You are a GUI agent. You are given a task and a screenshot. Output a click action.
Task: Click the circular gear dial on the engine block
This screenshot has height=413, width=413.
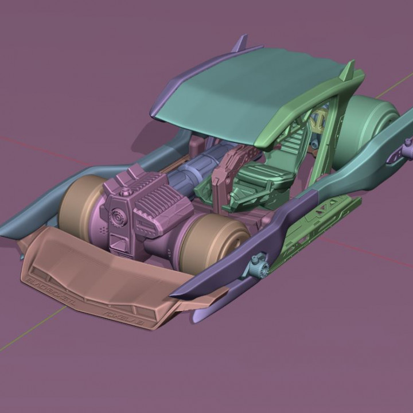click(116, 219)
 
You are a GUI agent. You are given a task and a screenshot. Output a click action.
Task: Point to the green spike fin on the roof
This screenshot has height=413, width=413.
click(348, 71)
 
